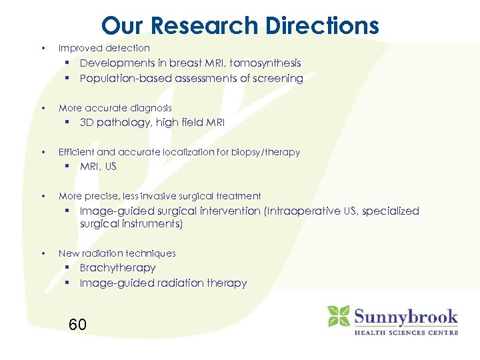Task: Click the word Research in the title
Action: point(207,26)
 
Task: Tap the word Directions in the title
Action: point(322,26)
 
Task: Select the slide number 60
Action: point(77,325)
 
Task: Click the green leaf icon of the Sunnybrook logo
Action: point(338,316)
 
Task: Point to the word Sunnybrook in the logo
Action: point(405,315)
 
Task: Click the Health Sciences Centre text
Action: point(405,332)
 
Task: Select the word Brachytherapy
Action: point(117,268)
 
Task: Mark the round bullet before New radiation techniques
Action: point(43,253)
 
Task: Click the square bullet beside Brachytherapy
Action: point(68,268)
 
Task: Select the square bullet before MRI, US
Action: point(68,167)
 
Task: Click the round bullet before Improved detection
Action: point(43,48)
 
